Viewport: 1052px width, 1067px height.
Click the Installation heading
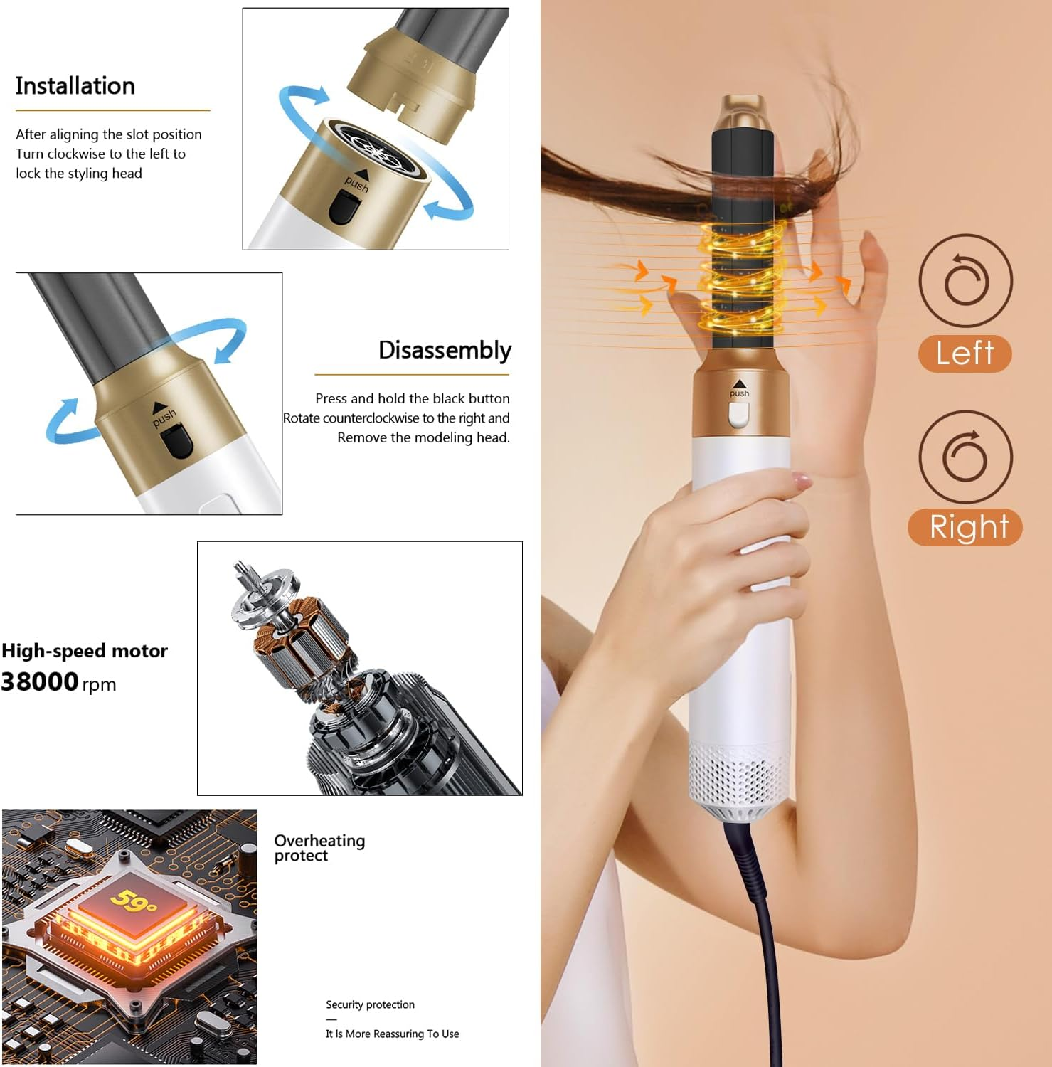[x=75, y=86]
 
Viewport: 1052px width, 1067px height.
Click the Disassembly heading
[x=445, y=351]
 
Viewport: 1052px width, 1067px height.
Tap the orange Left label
[x=965, y=354]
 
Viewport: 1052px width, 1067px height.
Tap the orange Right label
[x=965, y=527]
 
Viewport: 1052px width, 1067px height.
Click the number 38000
[x=40, y=681]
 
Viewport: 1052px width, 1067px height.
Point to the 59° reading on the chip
[x=134, y=901]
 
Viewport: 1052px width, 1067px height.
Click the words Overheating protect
[x=319, y=848]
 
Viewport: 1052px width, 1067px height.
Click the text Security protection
[x=370, y=1004]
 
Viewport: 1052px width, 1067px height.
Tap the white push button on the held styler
[x=739, y=415]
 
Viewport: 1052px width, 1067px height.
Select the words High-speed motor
[x=85, y=651]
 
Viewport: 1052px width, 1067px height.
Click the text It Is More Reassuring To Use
[x=392, y=1034]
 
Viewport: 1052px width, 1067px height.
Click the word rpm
[x=99, y=685]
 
